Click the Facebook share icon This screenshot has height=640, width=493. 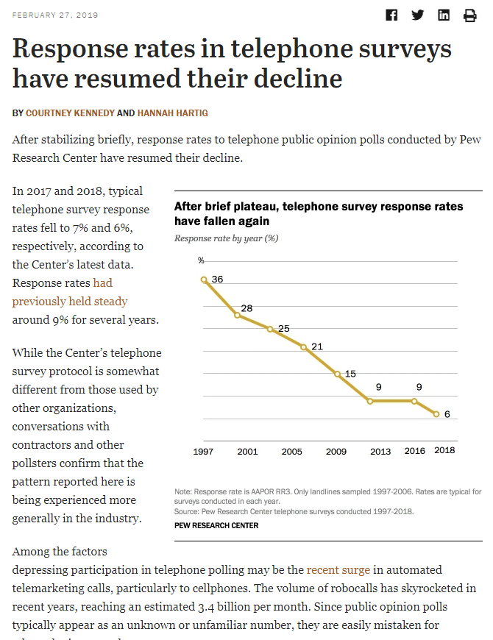pyautogui.click(x=391, y=15)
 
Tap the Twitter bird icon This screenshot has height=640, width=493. pyautogui.click(x=417, y=15)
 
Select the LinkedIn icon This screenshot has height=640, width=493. pyautogui.click(x=444, y=15)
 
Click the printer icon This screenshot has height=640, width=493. pyautogui.click(x=469, y=15)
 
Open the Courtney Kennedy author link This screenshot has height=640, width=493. pyautogui.click(x=70, y=113)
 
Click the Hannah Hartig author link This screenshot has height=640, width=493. pyautogui.click(x=173, y=113)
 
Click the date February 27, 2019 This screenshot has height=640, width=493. pyautogui.click(x=55, y=15)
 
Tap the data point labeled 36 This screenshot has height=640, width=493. pyautogui.click(x=204, y=280)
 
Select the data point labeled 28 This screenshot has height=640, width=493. pyautogui.click(x=237, y=315)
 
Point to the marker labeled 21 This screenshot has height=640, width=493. pyautogui.click(x=304, y=347)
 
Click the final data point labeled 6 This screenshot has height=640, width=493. pyautogui.click(x=436, y=414)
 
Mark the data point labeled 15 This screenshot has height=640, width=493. pyautogui.click(x=337, y=374)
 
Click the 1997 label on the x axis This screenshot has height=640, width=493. pyautogui.click(x=203, y=452)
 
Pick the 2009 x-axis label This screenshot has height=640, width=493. pyautogui.click(x=336, y=452)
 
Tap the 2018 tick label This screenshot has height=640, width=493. pyautogui.click(x=444, y=450)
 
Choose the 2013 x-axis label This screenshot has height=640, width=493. pyautogui.click(x=380, y=452)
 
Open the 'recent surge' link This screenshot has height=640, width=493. pyautogui.click(x=338, y=570)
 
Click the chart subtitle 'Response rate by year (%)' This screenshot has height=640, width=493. pyautogui.click(x=227, y=238)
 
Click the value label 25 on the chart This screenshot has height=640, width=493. pyautogui.click(x=283, y=329)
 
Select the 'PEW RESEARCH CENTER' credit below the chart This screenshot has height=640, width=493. pyautogui.click(x=216, y=526)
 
